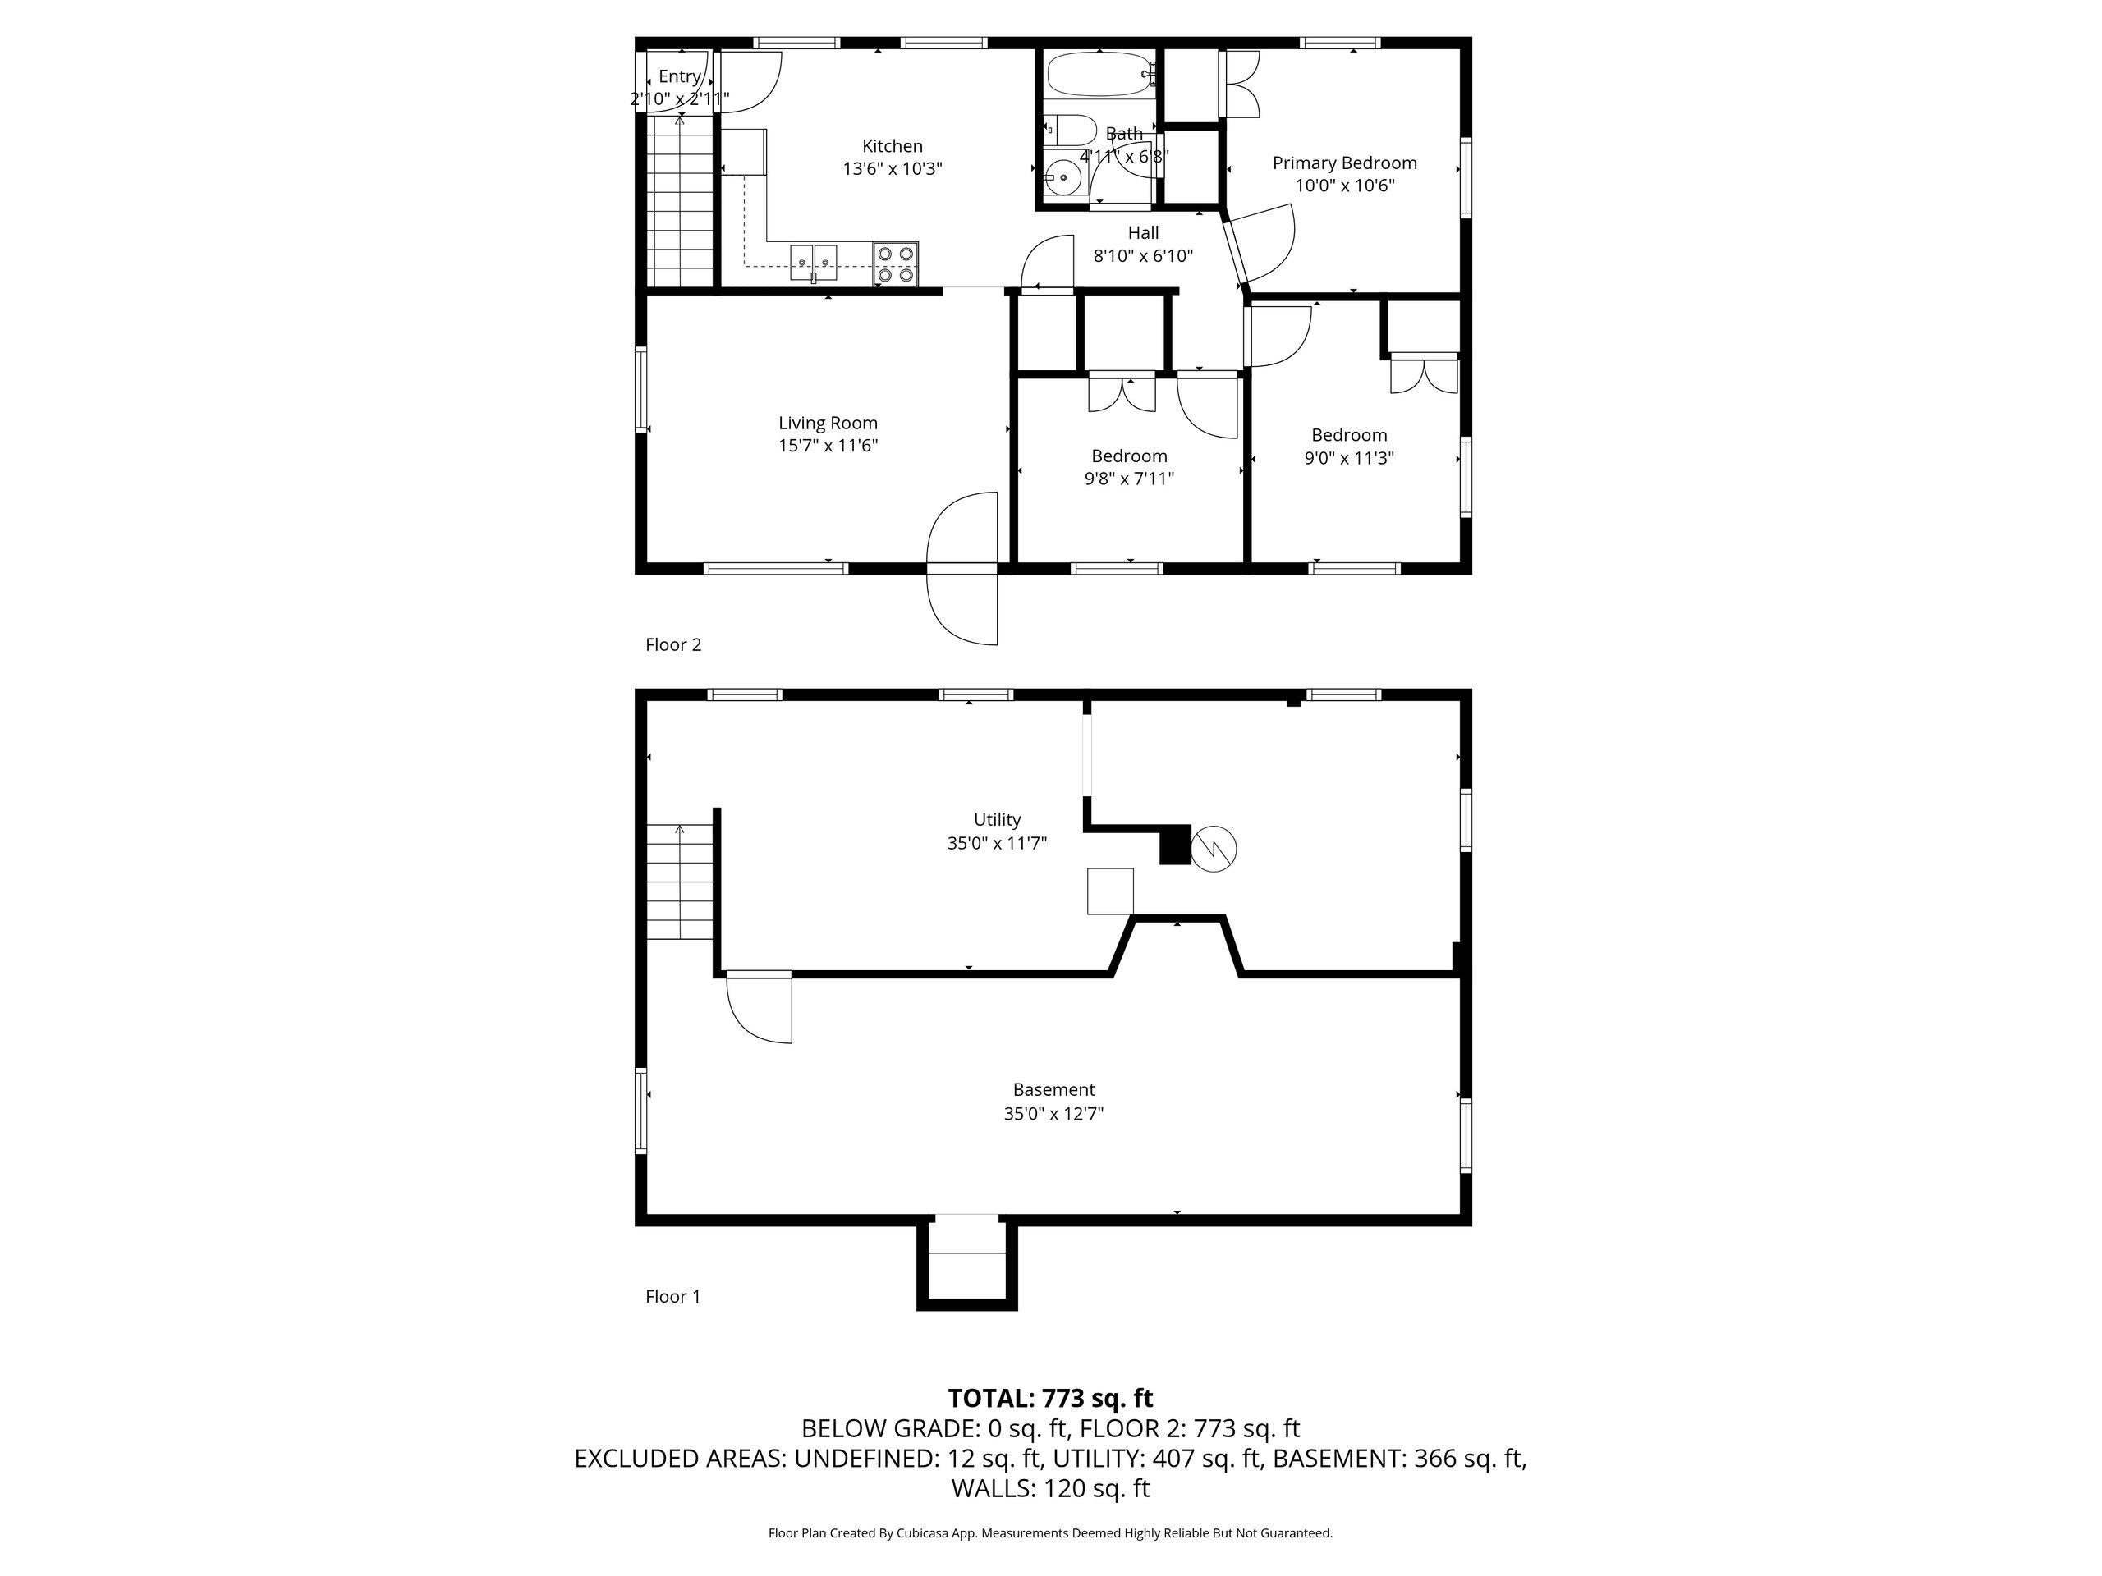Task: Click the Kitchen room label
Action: (x=892, y=146)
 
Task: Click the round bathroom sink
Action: (x=1062, y=177)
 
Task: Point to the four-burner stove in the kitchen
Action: (x=895, y=264)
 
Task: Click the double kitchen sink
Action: (x=814, y=262)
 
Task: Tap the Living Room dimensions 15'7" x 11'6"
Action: (x=828, y=446)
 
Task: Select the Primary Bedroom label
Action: (x=1345, y=163)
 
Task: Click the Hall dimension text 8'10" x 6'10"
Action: (x=1143, y=255)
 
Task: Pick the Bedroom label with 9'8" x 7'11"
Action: (x=1129, y=456)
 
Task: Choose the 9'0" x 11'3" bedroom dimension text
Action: (x=1348, y=458)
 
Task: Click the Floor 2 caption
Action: (x=672, y=645)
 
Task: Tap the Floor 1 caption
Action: (x=672, y=1297)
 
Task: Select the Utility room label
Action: (x=997, y=820)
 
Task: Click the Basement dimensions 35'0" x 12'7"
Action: (x=1053, y=1113)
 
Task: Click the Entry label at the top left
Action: (x=679, y=76)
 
